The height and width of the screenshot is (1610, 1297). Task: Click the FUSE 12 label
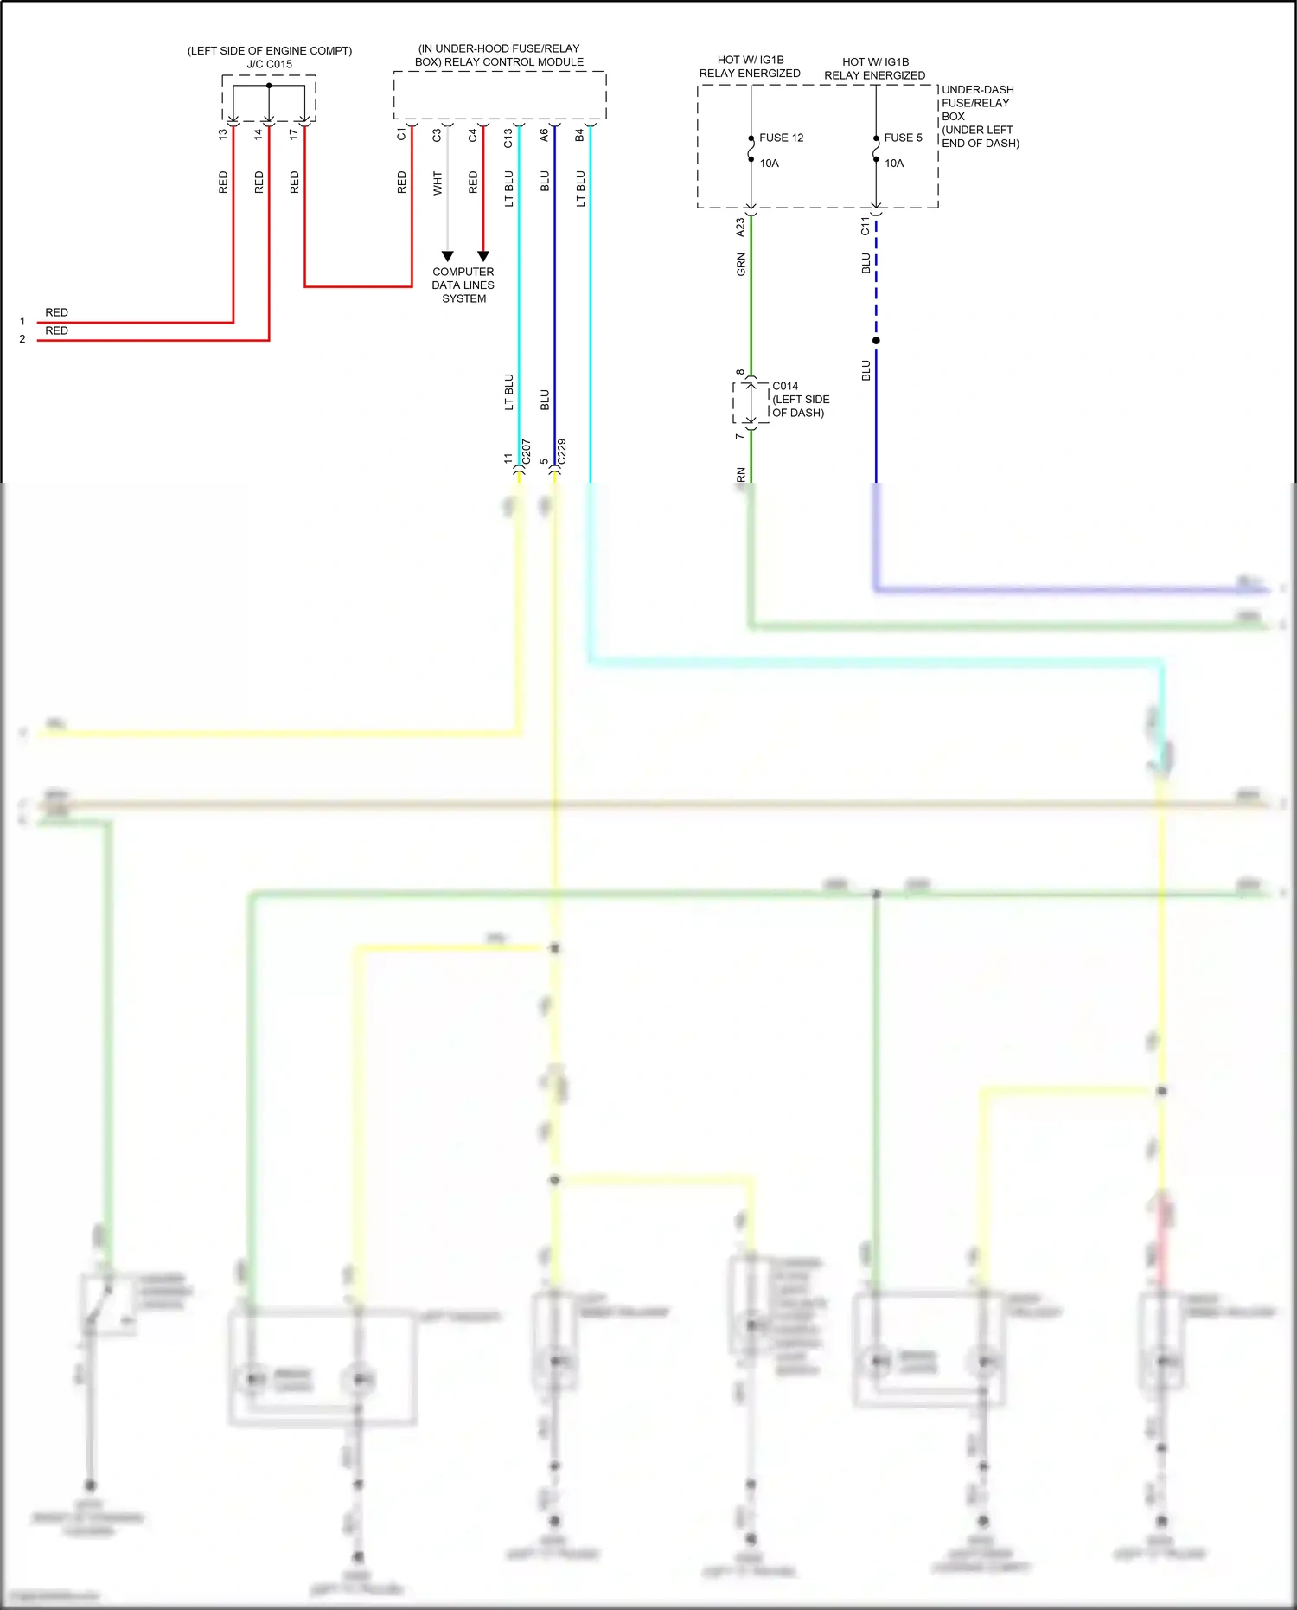tap(781, 138)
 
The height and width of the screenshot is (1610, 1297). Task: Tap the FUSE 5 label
tap(903, 138)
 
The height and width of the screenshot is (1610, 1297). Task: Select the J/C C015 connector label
tap(269, 64)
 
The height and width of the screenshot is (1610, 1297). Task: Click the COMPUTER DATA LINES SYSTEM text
tap(463, 285)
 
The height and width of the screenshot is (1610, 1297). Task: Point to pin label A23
tap(740, 228)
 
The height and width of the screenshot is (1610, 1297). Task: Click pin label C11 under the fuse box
tap(866, 226)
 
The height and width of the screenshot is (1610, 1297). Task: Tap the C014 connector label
tap(785, 386)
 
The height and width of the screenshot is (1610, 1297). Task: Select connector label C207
tap(527, 452)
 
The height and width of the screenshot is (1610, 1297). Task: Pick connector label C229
tap(562, 452)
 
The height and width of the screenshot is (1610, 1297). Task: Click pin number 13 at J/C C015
tap(223, 134)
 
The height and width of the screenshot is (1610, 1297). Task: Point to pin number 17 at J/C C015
tap(294, 134)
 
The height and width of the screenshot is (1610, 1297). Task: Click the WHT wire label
tap(438, 183)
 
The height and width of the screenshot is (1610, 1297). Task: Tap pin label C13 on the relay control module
tap(508, 138)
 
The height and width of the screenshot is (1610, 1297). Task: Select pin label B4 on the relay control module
tap(579, 134)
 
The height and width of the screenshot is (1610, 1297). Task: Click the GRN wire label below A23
tap(741, 264)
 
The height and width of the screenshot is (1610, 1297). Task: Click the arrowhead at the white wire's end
tap(447, 256)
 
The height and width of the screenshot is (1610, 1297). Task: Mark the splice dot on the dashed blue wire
tap(876, 340)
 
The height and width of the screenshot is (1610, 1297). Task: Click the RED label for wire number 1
tap(56, 312)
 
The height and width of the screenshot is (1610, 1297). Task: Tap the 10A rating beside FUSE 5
tap(894, 164)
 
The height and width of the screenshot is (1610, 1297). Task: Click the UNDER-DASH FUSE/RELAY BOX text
tap(977, 103)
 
